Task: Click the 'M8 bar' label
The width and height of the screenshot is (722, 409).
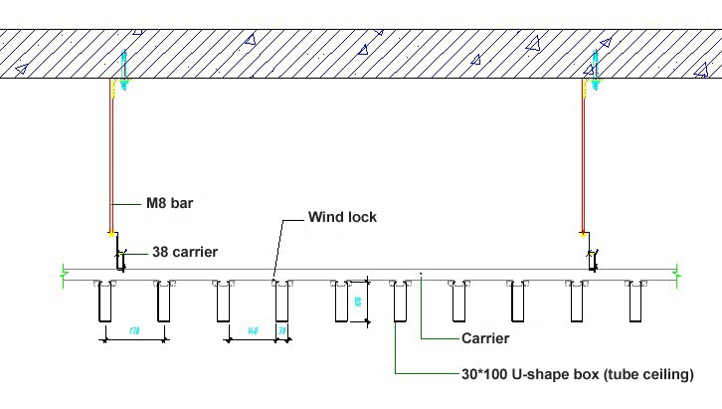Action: [x=170, y=204]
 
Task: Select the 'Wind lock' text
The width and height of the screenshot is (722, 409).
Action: [x=342, y=217]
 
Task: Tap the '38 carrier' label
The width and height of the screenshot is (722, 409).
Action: [x=184, y=253]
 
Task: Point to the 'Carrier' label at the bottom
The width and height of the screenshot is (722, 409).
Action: [x=485, y=338]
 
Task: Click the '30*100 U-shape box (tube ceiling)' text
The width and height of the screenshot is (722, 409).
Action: [x=578, y=374]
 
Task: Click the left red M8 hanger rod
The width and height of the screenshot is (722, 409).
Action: [x=111, y=159]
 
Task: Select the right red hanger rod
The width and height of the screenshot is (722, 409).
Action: [x=584, y=159]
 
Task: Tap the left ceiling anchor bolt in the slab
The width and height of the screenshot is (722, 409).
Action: [x=123, y=70]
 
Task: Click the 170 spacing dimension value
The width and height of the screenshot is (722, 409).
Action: [x=132, y=329]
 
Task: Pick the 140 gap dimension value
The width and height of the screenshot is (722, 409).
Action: [x=254, y=329]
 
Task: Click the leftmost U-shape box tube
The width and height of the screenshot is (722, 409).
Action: [x=104, y=303]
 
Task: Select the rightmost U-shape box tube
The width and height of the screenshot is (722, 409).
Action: [x=633, y=303]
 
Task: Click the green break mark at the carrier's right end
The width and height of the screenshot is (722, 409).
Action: [x=677, y=271]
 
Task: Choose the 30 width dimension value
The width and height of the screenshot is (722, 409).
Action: [x=282, y=329]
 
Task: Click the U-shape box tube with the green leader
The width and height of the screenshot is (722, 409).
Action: [x=399, y=303]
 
